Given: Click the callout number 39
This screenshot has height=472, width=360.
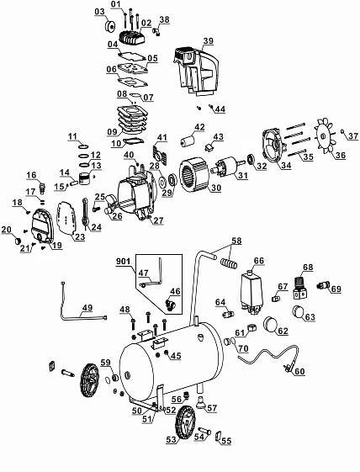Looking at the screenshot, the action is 208,41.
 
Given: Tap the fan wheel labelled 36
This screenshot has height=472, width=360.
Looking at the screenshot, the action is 323,136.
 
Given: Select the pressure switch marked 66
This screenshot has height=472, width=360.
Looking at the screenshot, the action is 251,291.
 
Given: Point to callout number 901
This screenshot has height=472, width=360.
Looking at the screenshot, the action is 124,261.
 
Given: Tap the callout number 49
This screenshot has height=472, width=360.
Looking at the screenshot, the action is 87,308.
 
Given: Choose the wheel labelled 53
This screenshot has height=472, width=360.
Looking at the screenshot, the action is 184,424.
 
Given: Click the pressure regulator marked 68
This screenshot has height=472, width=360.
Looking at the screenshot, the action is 299,288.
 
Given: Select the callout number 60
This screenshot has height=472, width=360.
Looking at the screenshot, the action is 299,372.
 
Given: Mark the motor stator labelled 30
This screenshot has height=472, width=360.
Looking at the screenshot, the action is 193,176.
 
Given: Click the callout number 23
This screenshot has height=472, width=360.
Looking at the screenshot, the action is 80,237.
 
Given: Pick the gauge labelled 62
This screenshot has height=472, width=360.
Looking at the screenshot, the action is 271,324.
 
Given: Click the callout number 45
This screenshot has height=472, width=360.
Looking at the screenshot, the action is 176,356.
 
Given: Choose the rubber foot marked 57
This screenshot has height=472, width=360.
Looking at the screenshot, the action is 200,402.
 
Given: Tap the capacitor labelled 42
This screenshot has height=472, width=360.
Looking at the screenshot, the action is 188,140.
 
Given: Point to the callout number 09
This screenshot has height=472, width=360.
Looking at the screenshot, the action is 112,131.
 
